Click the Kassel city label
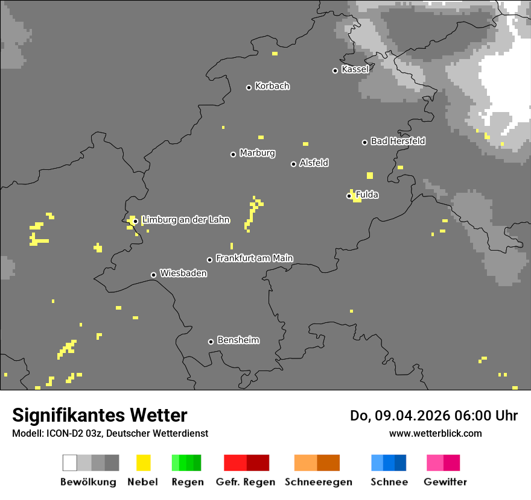[x=355, y=69]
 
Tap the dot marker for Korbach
[x=249, y=87]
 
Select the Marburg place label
[x=257, y=153]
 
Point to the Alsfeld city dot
[x=293, y=164]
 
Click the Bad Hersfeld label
[x=398, y=141]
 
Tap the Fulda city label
[x=367, y=195]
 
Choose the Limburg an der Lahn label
[x=186, y=220]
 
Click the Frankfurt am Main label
[x=254, y=258]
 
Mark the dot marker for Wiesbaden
[x=153, y=275]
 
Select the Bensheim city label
[x=238, y=340]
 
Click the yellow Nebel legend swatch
[x=143, y=463]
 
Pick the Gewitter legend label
[x=445, y=482]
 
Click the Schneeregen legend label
[x=319, y=482]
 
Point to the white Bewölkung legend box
[x=70, y=463]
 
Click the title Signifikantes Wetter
[x=100, y=415]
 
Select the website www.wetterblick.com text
[x=435, y=433]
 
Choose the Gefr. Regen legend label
[x=246, y=482]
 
